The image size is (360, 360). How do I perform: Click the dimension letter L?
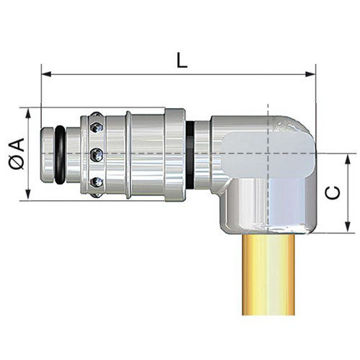(181, 60)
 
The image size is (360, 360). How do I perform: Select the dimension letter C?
(333, 193)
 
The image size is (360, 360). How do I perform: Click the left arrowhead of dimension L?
(46, 74)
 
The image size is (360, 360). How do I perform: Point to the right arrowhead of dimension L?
(310, 74)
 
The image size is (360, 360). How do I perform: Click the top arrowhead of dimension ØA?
(28, 113)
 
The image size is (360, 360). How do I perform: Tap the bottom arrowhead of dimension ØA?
(28, 194)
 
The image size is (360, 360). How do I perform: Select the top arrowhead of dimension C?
(347, 159)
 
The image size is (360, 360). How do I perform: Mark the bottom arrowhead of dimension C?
(347, 227)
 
